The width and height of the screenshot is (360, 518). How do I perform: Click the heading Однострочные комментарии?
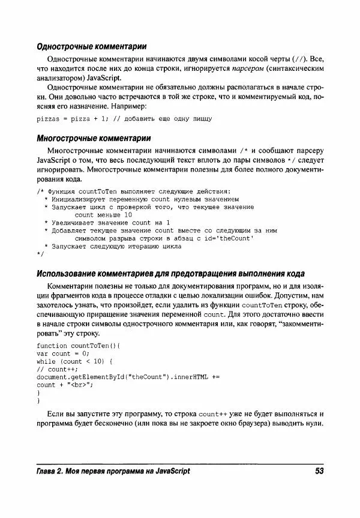pyautogui.click(x=92, y=46)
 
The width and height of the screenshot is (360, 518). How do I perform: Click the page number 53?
pyautogui.click(x=319, y=471)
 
